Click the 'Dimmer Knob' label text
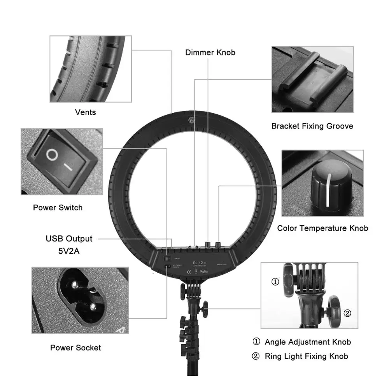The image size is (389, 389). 210,53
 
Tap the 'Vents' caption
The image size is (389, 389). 85,112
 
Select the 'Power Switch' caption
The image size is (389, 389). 58,208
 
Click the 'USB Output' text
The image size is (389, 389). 69,238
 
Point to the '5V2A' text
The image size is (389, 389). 69,251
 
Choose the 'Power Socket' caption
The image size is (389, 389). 75,348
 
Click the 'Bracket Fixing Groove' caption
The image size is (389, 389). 312,126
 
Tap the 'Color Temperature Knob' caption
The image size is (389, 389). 322,228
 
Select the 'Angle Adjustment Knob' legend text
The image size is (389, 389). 308,342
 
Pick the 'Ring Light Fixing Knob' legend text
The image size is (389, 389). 306,356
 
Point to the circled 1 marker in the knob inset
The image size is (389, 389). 275,282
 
